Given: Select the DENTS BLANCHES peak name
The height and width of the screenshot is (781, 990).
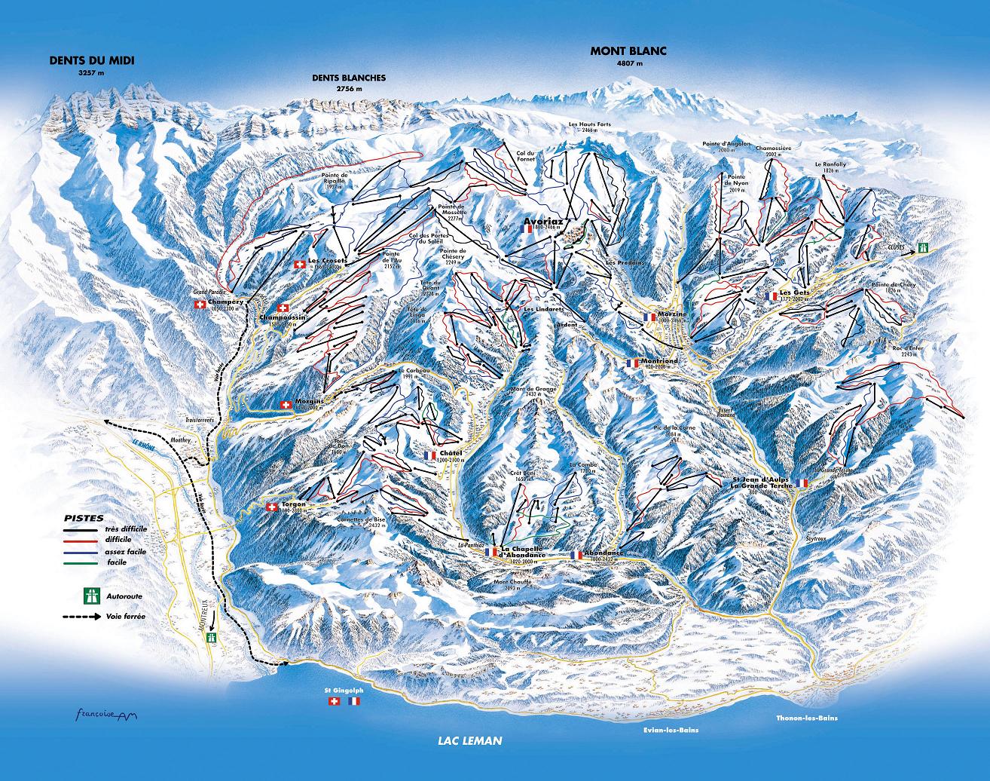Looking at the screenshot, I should (x=349, y=78).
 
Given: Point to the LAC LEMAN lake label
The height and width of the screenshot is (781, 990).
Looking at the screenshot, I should (x=469, y=740).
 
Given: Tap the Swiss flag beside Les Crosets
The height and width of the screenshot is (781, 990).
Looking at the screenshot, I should (x=299, y=264).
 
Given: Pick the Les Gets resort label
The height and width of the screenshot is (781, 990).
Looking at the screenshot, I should (x=794, y=292).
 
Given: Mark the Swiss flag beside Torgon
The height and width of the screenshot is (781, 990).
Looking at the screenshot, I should (x=271, y=507).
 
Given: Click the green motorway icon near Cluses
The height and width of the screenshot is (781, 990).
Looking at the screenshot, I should (x=923, y=247).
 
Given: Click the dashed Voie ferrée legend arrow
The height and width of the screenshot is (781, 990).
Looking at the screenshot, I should (x=81, y=617).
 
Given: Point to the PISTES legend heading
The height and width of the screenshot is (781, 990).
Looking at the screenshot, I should (x=79, y=519).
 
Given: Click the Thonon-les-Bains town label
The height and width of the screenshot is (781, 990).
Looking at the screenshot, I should (x=806, y=718).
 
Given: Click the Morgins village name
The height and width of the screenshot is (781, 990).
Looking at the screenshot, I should (x=310, y=401).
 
